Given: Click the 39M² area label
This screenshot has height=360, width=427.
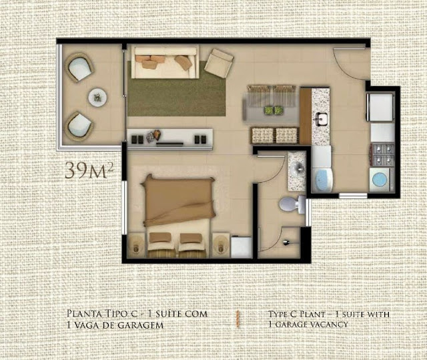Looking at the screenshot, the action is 89,170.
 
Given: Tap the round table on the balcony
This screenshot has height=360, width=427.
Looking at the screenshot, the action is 97,98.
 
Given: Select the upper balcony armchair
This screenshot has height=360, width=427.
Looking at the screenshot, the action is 79,67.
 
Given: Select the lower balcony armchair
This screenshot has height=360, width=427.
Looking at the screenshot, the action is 79,127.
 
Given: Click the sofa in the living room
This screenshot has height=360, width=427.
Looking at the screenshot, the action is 165,63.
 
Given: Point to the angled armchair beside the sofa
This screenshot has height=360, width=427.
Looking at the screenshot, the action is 219,62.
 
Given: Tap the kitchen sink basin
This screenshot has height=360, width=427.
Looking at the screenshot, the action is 322,119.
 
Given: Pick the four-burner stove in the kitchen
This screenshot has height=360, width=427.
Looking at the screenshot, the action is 383,155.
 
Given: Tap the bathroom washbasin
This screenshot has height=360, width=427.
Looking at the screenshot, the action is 298,168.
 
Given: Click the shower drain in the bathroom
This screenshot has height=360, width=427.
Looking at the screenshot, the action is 286,242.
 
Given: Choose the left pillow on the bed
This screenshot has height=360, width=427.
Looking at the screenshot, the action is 160,238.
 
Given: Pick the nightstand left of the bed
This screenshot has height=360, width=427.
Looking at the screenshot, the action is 137,244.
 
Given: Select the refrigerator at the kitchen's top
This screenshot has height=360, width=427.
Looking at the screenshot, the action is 380,107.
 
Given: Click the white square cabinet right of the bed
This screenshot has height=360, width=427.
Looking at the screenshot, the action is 241,247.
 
